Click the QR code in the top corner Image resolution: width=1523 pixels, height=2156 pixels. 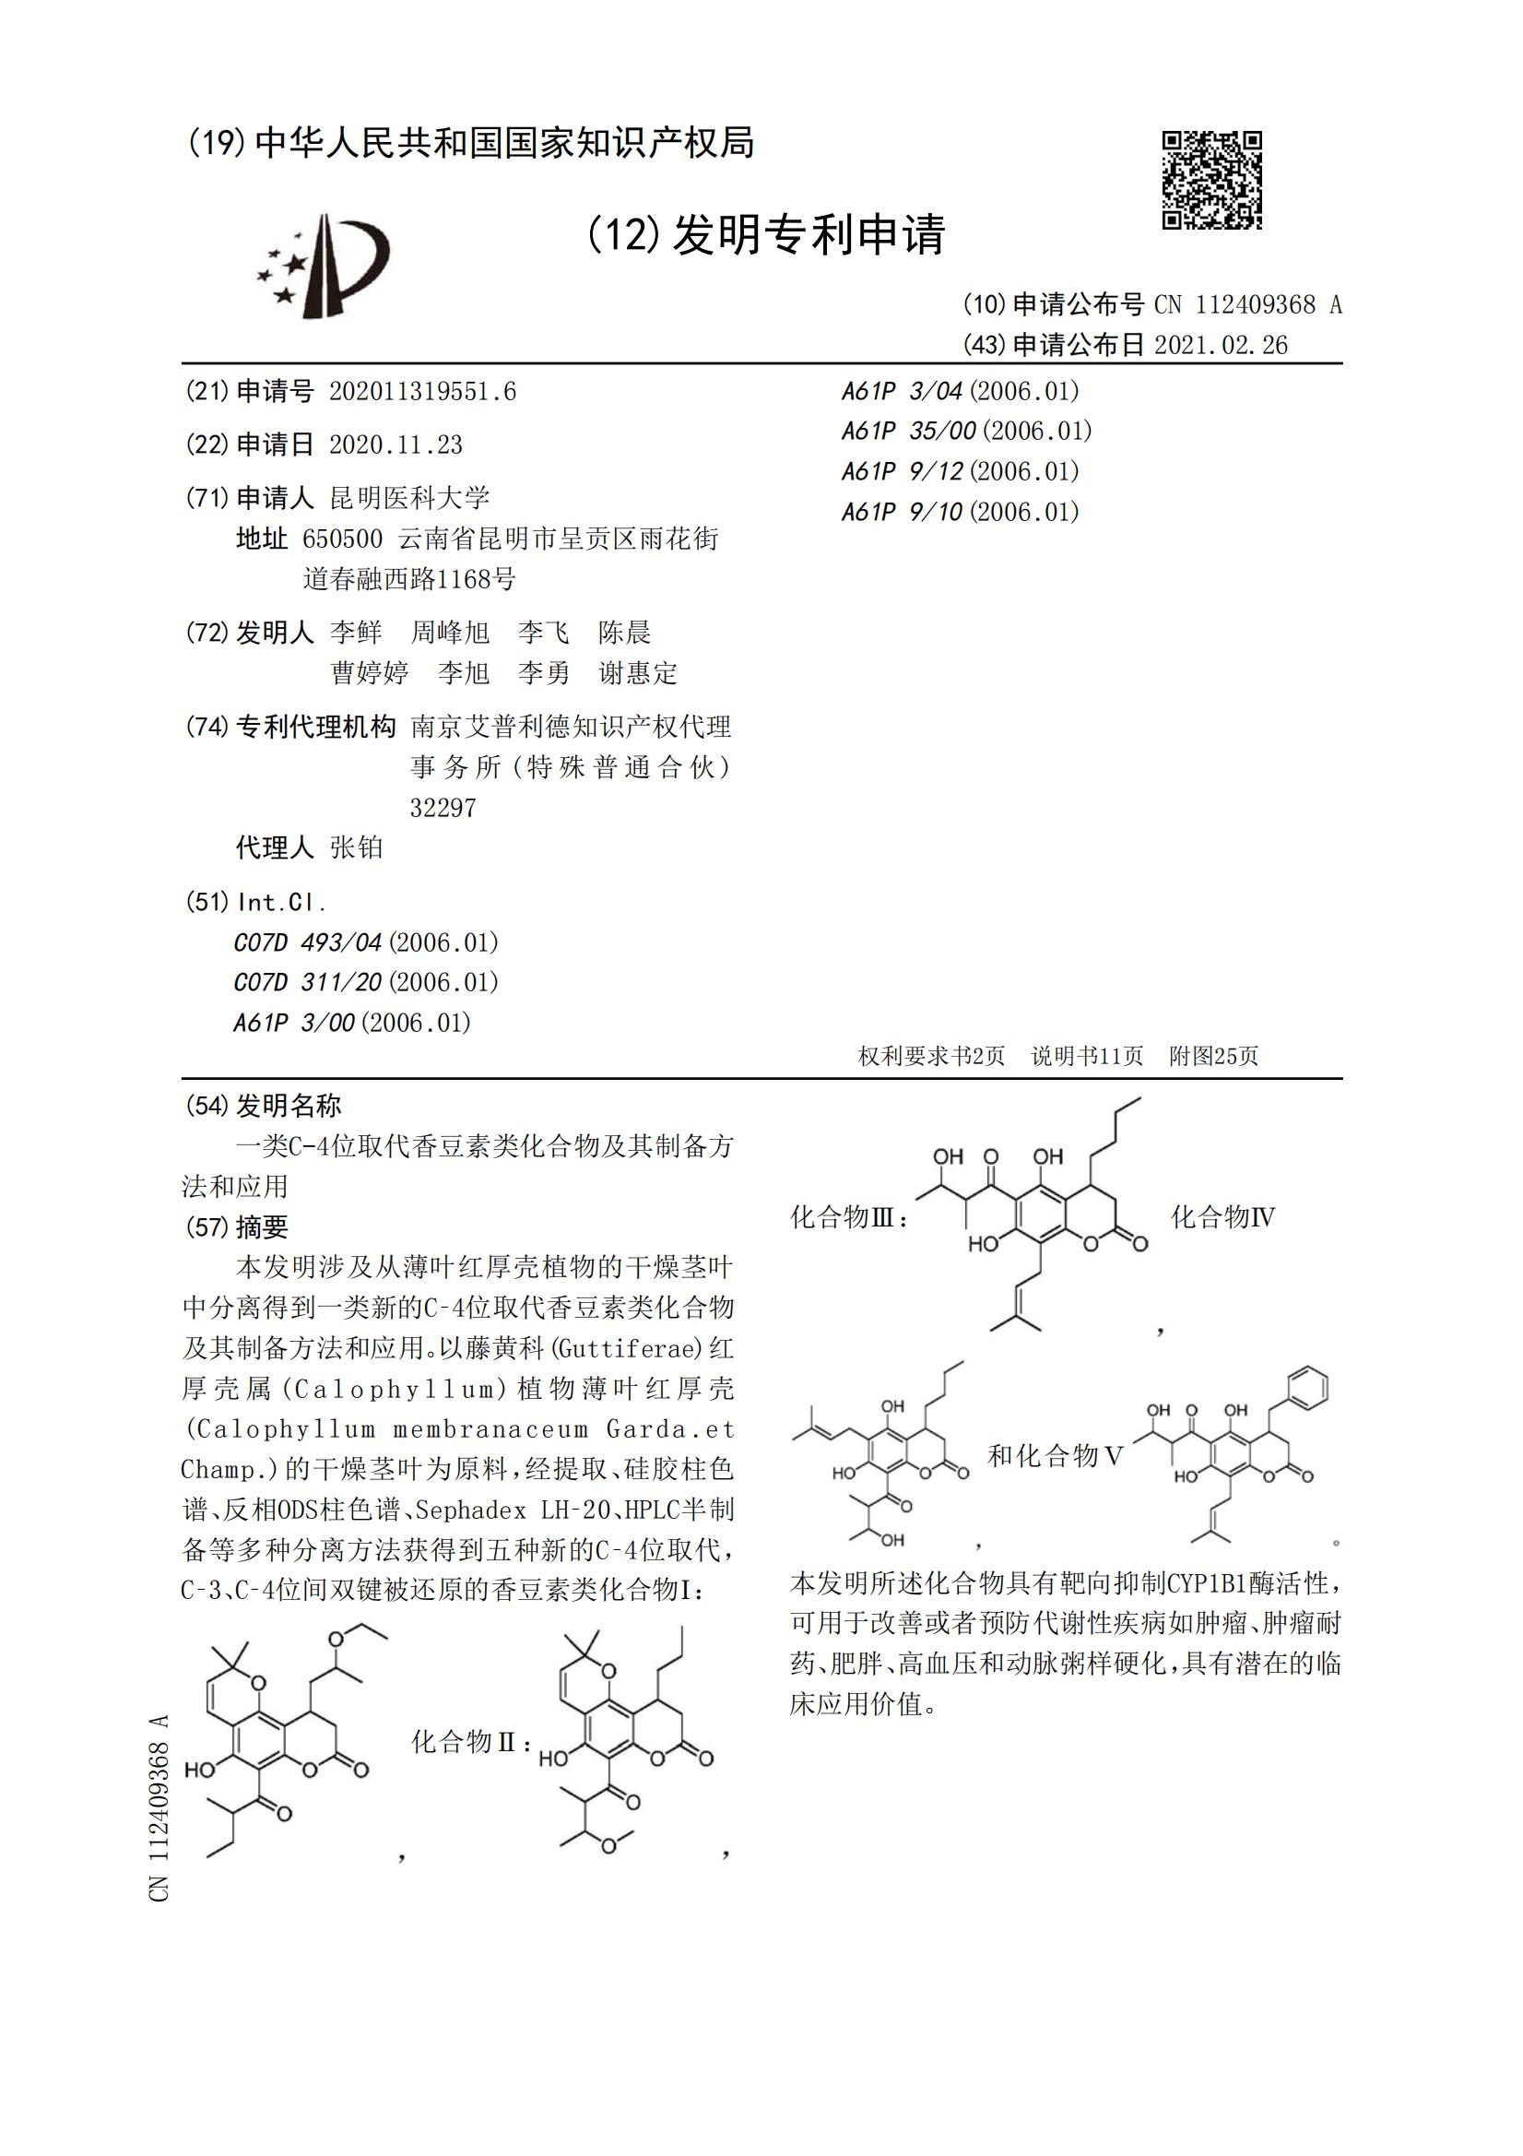click(1211, 179)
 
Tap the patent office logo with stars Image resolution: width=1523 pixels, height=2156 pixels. click(324, 266)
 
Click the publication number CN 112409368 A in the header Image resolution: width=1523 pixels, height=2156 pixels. click(1248, 304)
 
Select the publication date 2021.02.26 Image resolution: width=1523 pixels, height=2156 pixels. click(1221, 346)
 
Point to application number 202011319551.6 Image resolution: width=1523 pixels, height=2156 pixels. click(422, 392)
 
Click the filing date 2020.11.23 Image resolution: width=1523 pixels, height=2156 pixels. click(396, 445)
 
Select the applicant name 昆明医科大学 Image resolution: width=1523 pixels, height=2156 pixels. click(409, 498)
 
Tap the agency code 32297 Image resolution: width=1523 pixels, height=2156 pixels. click(443, 808)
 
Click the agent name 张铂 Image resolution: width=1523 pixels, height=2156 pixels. click(357, 848)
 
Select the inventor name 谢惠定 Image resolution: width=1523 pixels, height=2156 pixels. click(639, 672)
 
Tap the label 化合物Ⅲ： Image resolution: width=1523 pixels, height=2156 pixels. click(850, 1217)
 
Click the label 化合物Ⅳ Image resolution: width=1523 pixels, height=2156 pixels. click(1222, 1217)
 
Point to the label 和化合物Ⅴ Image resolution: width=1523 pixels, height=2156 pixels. click(1056, 1455)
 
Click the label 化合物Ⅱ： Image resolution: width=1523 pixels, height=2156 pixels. click(472, 1742)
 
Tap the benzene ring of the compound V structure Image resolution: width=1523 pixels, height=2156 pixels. click(1308, 1387)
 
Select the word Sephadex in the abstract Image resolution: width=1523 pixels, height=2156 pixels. click(470, 1509)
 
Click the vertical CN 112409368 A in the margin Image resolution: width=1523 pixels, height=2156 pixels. click(159, 1807)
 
